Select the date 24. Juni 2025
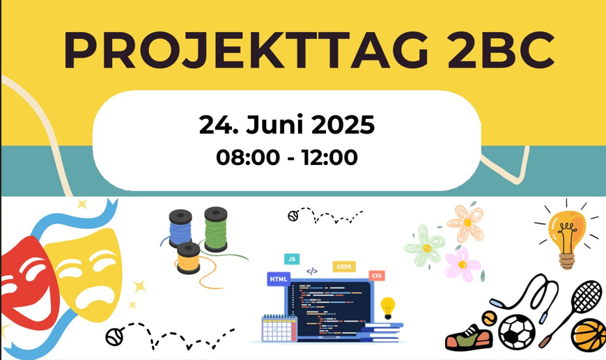coord(287,125)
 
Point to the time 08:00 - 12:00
coord(287,157)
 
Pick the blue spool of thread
coord(180,228)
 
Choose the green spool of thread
coord(216,230)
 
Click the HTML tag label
coord(279,279)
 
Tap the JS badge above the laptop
coord(292,259)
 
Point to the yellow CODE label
coord(344,266)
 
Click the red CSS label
coord(377,276)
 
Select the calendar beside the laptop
coord(279,328)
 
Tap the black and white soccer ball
coord(517,331)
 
